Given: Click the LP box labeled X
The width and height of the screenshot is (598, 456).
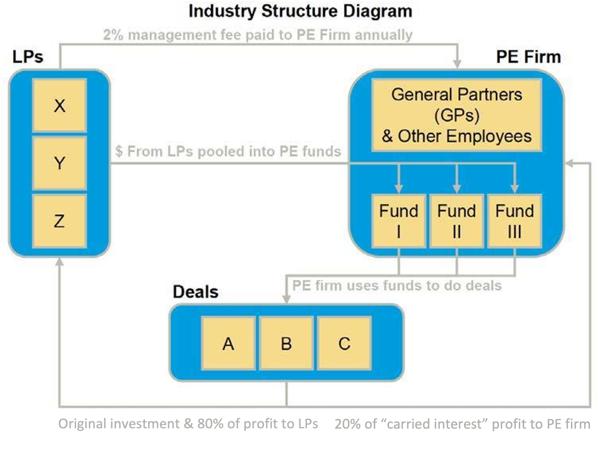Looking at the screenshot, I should (60, 105).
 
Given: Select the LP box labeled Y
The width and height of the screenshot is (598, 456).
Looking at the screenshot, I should (60, 163).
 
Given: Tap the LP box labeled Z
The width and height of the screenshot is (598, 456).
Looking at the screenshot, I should (60, 221).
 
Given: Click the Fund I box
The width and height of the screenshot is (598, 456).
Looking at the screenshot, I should (398, 221).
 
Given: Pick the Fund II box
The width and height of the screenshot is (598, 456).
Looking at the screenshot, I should (456, 221).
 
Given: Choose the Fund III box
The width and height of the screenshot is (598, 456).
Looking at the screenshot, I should (515, 221).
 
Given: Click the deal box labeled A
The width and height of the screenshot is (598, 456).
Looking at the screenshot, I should (228, 343).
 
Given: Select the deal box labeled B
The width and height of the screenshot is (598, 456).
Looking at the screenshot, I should (286, 343).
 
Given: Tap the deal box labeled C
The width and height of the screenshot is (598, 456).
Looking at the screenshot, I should (344, 343).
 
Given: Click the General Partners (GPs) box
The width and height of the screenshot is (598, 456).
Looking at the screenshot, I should (457, 115).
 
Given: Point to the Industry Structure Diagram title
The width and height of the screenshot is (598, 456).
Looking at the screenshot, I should (300, 11).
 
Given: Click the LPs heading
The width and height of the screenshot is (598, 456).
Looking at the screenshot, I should (28, 57).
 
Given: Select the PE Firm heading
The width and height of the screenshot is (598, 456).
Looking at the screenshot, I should (528, 57).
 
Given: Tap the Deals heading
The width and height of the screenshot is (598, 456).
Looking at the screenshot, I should (196, 292).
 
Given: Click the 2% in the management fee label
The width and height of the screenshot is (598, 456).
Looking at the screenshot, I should (113, 35).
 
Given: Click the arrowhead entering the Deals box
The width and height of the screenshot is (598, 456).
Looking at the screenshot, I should (286, 299).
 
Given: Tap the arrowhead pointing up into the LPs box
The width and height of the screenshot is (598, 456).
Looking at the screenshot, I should (59, 262).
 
